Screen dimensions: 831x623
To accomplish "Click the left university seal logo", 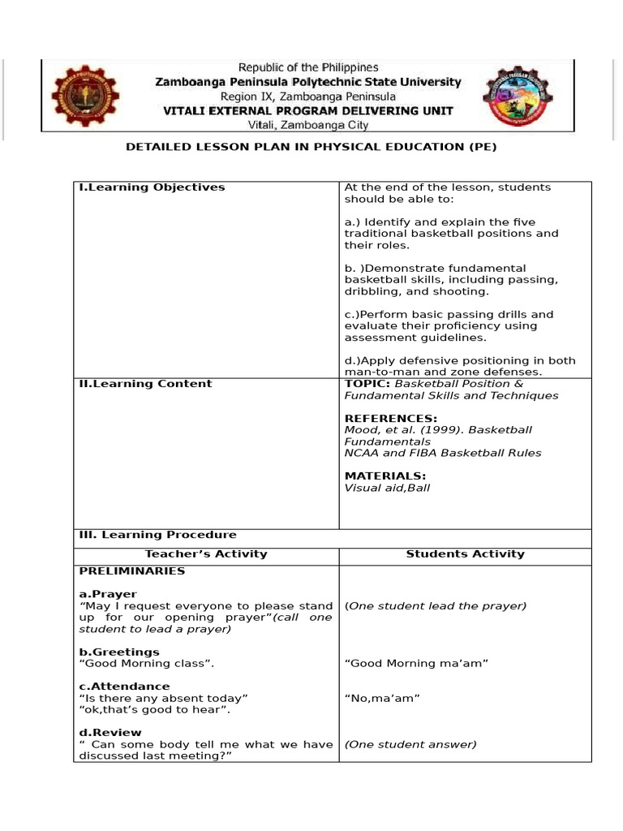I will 84,96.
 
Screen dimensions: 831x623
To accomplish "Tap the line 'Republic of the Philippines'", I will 307,68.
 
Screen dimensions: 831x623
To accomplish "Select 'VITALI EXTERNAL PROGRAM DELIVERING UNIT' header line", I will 308,110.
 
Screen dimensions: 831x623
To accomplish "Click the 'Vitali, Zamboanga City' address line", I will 307,125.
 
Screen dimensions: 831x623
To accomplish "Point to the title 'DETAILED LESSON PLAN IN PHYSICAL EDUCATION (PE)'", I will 311,147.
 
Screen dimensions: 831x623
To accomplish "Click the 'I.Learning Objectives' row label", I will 152,187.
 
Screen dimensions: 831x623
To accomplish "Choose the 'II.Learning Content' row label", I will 145,384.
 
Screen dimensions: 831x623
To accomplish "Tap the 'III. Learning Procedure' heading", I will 157,535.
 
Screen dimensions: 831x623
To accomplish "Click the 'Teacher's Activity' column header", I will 206,554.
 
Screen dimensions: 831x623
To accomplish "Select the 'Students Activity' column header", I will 465,554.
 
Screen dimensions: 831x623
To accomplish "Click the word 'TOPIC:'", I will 367,384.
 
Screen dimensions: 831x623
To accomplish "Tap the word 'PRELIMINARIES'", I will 131,571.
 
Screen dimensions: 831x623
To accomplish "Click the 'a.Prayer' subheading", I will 108,594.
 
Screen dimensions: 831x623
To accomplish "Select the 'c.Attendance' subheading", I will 124,687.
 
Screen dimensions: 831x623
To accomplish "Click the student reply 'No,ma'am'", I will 382,698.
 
